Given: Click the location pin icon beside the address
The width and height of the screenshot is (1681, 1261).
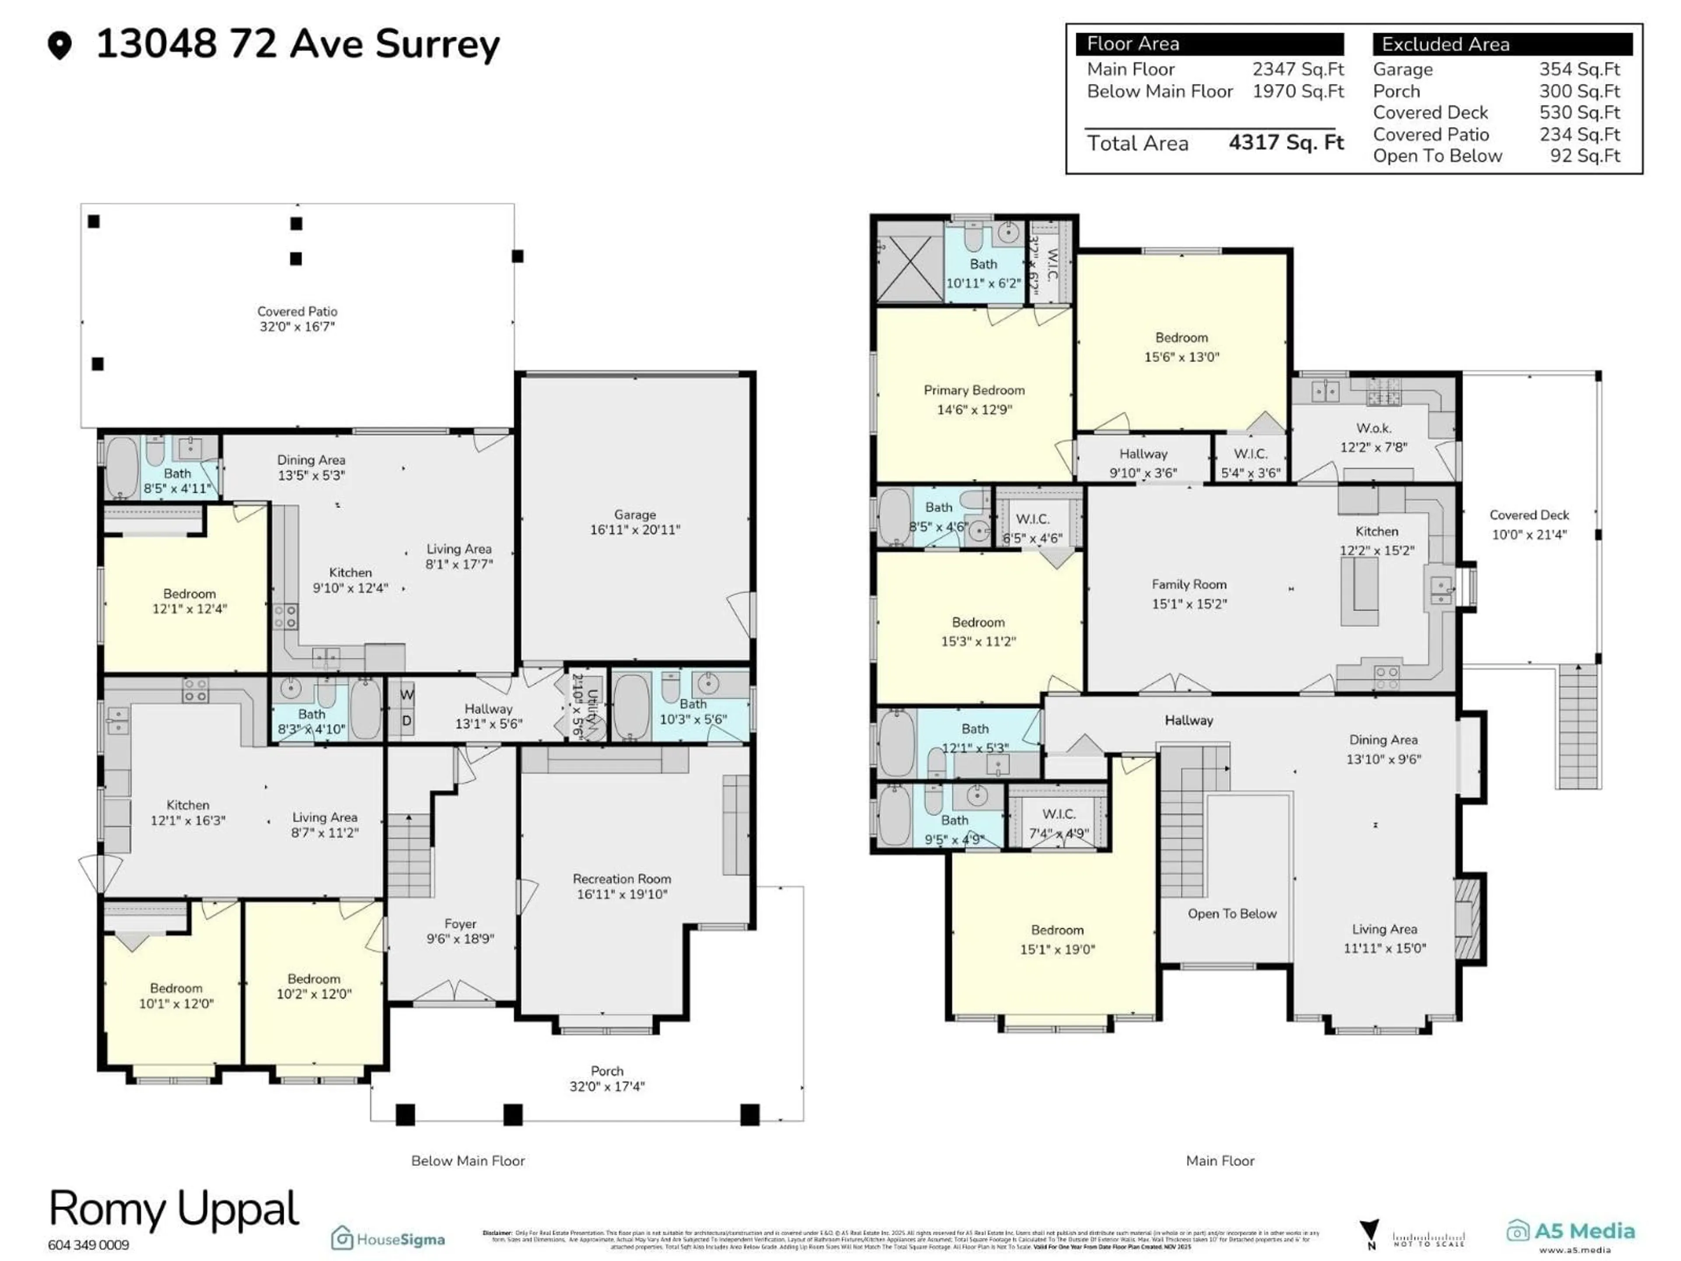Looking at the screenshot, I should tap(59, 45).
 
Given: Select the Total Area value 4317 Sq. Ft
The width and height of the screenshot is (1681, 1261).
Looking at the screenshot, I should tap(1286, 143).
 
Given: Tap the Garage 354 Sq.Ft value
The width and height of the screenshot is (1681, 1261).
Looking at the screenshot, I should tap(1579, 69).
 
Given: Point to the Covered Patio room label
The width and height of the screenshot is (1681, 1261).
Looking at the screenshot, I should tap(297, 318).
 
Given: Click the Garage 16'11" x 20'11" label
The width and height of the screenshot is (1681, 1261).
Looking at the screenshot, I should tap(635, 522).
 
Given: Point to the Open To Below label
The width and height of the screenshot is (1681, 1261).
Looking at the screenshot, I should tap(1232, 914).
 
